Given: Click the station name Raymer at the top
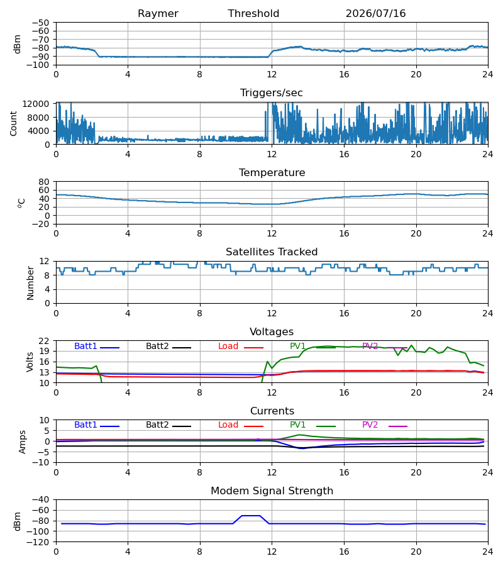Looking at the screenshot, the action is click(158, 14).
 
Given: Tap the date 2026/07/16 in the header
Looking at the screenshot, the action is click(375, 14).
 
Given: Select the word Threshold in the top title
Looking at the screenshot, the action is click(253, 14).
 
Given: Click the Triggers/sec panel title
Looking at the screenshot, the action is click(272, 93).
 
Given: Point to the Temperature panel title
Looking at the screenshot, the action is click(272, 172).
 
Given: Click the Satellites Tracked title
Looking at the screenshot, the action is click(272, 252).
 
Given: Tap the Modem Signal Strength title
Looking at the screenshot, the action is click(272, 491).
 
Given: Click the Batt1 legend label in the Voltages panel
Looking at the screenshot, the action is click(86, 346).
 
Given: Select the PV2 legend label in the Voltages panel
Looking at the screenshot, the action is click(370, 346).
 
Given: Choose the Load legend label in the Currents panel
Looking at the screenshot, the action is click(228, 425).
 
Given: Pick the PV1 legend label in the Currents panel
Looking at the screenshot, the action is click(297, 425).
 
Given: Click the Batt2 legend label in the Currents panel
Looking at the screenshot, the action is click(157, 425).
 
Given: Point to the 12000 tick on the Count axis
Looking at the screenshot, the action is click(36, 104).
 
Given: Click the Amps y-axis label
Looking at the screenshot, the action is click(23, 442).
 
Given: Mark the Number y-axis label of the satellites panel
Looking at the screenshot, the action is click(30, 284).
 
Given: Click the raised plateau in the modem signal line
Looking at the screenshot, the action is click(251, 516).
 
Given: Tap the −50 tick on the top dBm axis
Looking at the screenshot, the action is click(41, 23).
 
